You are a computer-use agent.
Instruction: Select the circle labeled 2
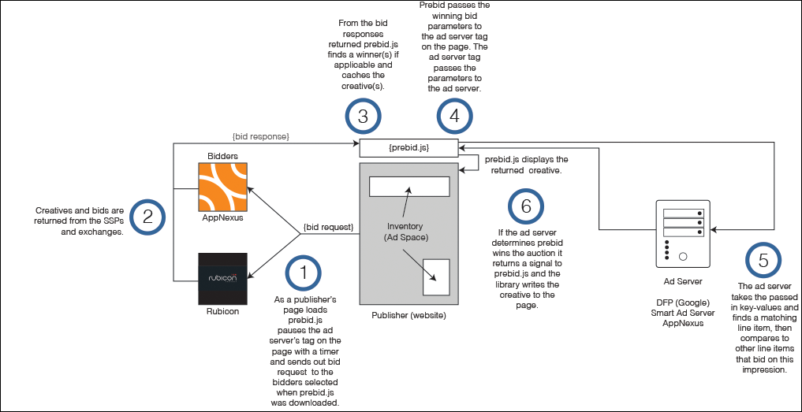click(x=147, y=217)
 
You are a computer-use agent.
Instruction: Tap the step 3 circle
click(x=363, y=117)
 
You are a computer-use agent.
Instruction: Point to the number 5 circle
click(x=763, y=261)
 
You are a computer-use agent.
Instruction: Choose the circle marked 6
click(x=527, y=207)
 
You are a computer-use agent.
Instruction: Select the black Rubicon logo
click(x=224, y=279)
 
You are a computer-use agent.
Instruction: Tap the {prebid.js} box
click(x=408, y=147)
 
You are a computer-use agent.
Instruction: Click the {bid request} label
click(x=328, y=228)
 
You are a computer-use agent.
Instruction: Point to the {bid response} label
click(x=260, y=138)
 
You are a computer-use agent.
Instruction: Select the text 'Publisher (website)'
click(x=408, y=315)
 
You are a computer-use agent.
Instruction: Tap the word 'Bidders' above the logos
click(x=223, y=156)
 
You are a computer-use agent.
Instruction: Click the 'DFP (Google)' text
click(x=683, y=303)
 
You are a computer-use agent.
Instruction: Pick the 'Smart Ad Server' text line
click(x=683, y=313)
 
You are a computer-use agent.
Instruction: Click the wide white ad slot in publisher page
click(x=408, y=187)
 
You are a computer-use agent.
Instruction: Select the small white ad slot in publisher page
click(x=436, y=277)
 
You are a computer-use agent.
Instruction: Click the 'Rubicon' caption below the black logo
click(x=223, y=311)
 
